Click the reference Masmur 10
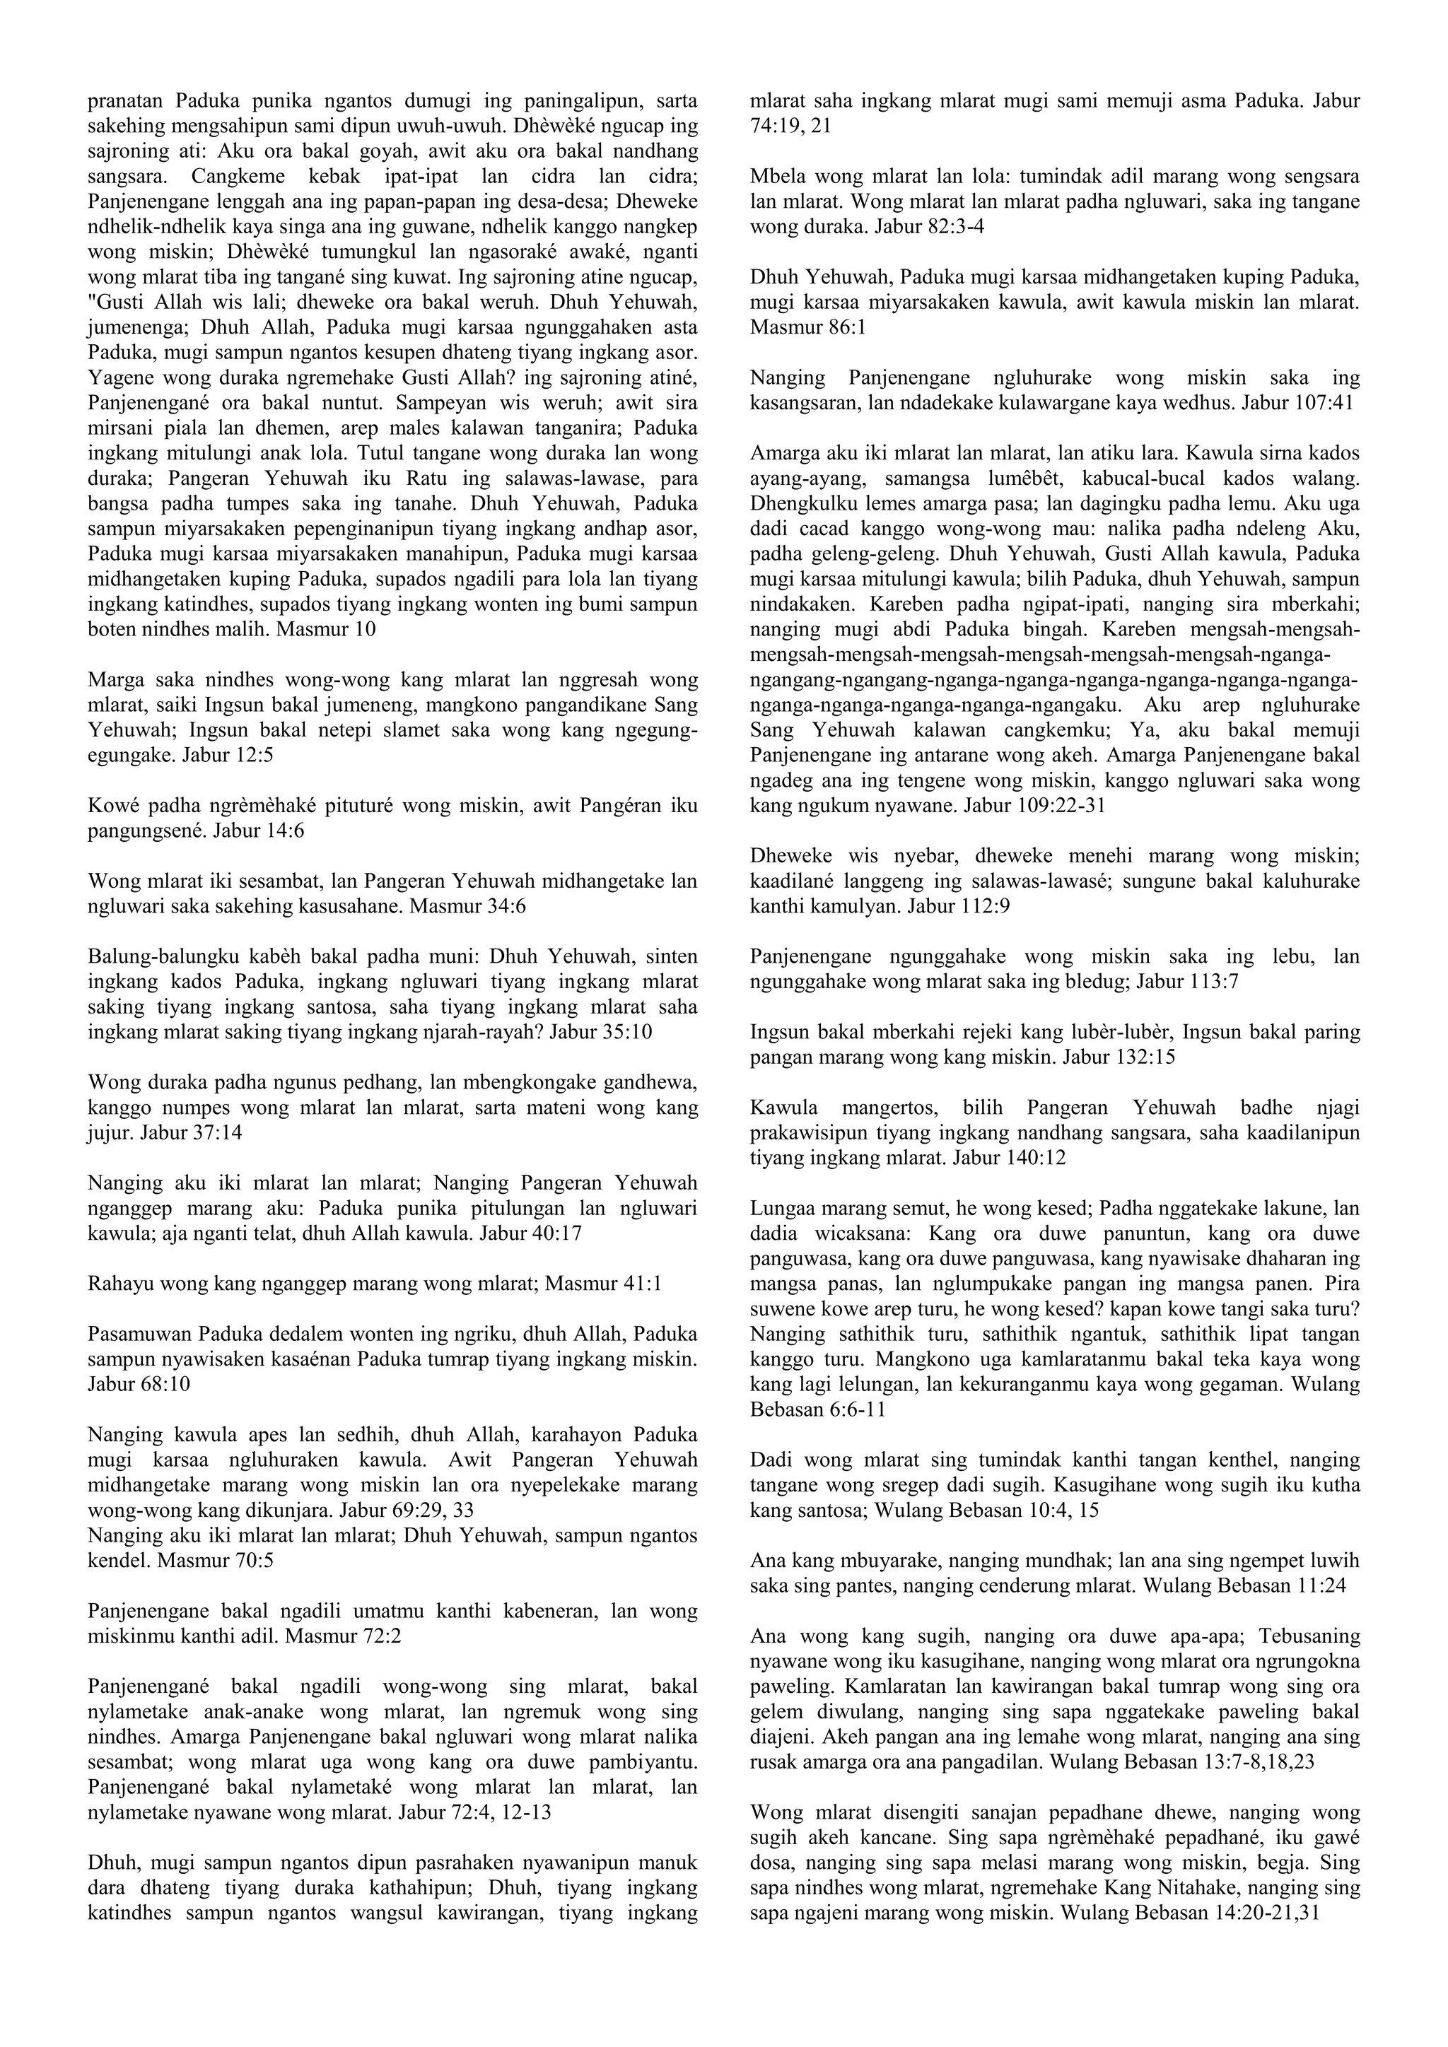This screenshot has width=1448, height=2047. point(327,629)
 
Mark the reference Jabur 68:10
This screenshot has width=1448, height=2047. point(139,1385)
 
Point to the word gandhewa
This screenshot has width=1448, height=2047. point(653,1082)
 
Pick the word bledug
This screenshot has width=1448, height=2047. point(1100,983)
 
